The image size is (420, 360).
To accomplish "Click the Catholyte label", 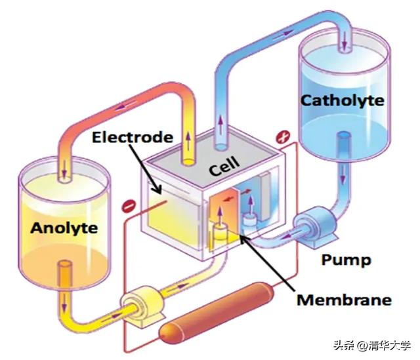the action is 343,101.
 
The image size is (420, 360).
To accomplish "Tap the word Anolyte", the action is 64,228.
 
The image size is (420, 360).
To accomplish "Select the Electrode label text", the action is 133,137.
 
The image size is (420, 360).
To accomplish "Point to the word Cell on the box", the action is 224,166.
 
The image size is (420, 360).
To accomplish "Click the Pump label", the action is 346,260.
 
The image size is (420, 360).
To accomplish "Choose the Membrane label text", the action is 344,300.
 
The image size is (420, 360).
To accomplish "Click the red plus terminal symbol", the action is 283,137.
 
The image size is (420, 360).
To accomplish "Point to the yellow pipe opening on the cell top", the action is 188,162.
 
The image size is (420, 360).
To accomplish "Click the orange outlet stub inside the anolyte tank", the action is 65,275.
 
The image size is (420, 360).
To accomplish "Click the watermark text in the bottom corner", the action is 372,346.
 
